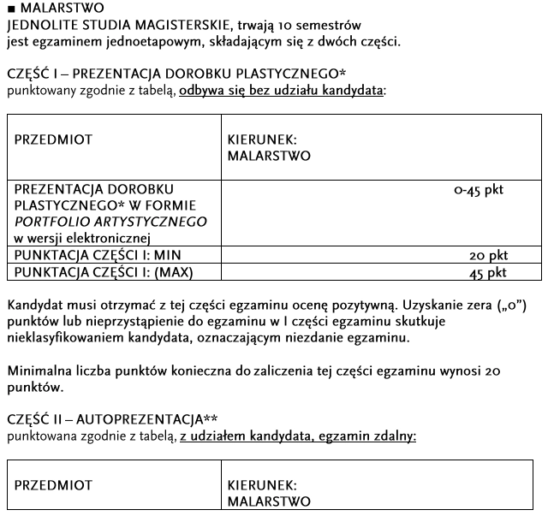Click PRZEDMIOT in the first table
tap(53, 139)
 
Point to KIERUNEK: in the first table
tap(263, 139)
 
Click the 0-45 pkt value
tap(479, 190)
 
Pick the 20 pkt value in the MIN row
tap(488, 256)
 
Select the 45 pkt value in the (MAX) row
tap(488, 273)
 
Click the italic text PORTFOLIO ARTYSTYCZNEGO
tap(111, 222)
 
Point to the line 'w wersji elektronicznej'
tap(82, 238)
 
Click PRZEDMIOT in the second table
tap(53, 485)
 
